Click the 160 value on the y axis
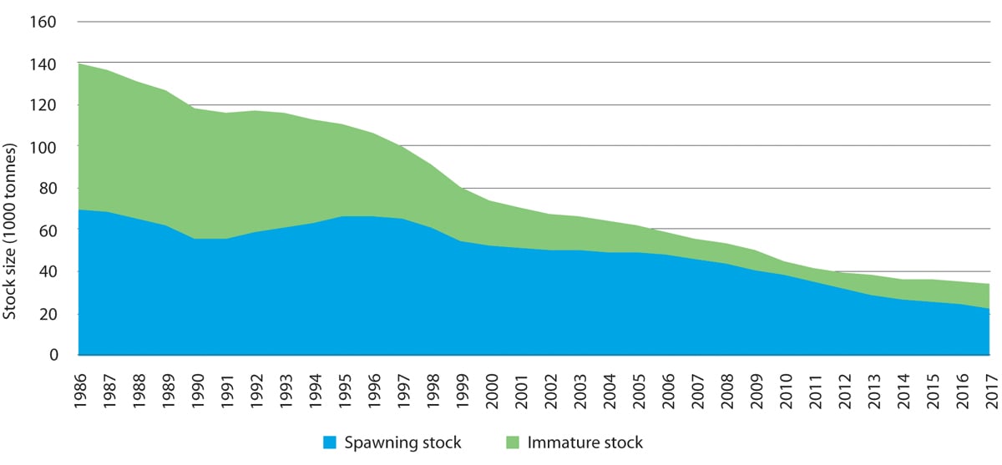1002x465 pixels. click(x=43, y=22)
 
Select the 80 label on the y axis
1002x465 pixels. click(x=47, y=189)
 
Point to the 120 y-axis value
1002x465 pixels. click(x=43, y=105)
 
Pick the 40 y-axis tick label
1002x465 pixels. click(x=47, y=272)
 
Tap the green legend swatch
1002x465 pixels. click(x=512, y=442)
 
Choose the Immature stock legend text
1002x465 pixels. click(x=584, y=442)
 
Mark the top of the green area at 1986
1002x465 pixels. click(x=79, y=64)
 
